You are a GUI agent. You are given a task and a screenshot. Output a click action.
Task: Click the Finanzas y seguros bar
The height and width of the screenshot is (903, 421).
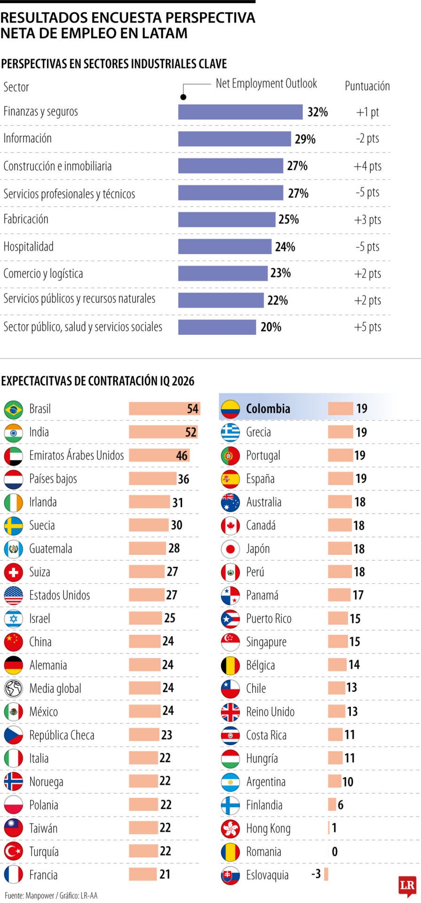pos(240,112)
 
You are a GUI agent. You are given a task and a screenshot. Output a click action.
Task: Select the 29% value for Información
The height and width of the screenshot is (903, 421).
pos(305,139)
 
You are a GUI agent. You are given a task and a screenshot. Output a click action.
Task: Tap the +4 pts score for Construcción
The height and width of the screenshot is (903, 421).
pos(367,166)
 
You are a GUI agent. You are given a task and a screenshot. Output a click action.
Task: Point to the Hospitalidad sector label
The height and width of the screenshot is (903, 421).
pos(29,246)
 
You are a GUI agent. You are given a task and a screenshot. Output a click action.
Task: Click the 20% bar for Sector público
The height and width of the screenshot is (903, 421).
pos(217,327)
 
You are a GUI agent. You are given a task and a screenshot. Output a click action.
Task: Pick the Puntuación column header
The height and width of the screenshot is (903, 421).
pos(367,86)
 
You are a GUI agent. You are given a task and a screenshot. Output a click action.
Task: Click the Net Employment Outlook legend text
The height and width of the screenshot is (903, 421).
pos(266,84)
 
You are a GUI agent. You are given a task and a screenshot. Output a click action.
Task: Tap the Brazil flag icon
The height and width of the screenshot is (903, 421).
pos(14,409)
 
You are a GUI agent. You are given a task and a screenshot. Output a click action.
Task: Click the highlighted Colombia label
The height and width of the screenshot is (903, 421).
pos(268,408)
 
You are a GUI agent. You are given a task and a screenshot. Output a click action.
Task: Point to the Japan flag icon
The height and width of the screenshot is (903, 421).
pos(230,549)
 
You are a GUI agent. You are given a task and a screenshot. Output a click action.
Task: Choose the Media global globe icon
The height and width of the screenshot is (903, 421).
pos(14,689)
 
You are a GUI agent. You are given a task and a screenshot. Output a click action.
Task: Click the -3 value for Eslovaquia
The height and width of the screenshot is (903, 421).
pos(316,874)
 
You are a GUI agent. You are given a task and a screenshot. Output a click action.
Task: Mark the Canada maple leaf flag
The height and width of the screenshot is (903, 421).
pos(230,525)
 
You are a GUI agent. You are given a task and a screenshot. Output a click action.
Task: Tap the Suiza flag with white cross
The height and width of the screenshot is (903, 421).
pos(14,572)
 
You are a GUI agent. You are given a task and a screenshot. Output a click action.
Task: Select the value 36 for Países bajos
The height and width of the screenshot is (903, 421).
pos(183,479)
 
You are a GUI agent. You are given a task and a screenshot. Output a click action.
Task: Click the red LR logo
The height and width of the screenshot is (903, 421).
pos(407,886)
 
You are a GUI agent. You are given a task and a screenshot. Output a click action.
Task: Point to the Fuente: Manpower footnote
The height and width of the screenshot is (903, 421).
pos(51,896)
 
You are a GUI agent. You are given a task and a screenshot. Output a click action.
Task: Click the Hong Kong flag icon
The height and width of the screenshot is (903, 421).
pos(230,828)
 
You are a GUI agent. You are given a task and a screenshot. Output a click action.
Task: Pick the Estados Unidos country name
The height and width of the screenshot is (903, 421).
pos(60,595)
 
